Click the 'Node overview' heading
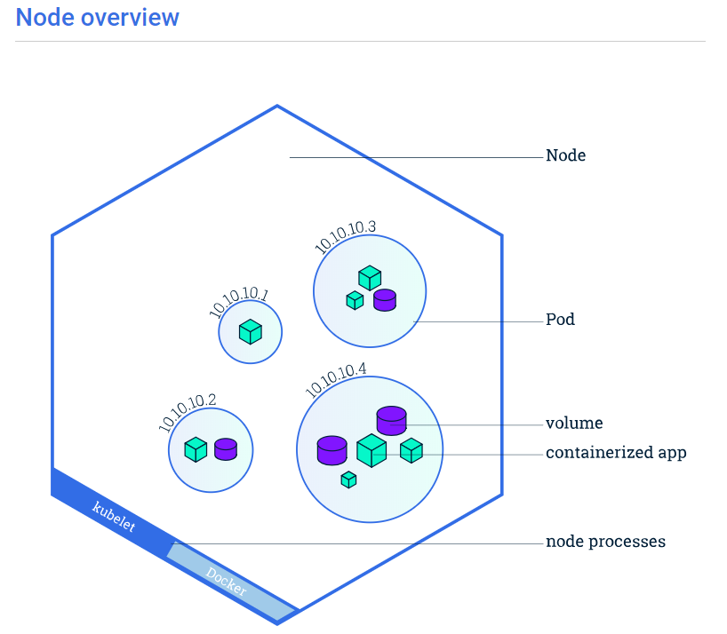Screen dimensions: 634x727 (97, 17)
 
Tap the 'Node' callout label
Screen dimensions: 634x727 (565, 156)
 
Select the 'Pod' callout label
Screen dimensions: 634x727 (560, 320)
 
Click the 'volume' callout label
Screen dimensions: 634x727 (574, 424)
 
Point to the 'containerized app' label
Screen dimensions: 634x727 (616, 453)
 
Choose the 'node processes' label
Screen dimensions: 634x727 (605, 542)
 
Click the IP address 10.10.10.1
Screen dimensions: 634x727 (238, 302)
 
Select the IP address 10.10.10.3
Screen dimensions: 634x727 (345, 235)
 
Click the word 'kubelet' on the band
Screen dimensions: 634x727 (115, 518)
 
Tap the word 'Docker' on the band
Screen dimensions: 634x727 (227, 582)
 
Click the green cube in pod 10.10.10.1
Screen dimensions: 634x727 (251, 332)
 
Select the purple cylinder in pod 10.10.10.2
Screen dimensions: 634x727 (226, 448)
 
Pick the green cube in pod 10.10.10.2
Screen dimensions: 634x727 (196, 449)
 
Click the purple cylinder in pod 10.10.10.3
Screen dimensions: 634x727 (384, 300)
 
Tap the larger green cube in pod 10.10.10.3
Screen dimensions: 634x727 (370, 278)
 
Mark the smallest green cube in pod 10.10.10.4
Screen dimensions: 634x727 (348, 479)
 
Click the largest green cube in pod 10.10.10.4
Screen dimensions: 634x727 (371, 450)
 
